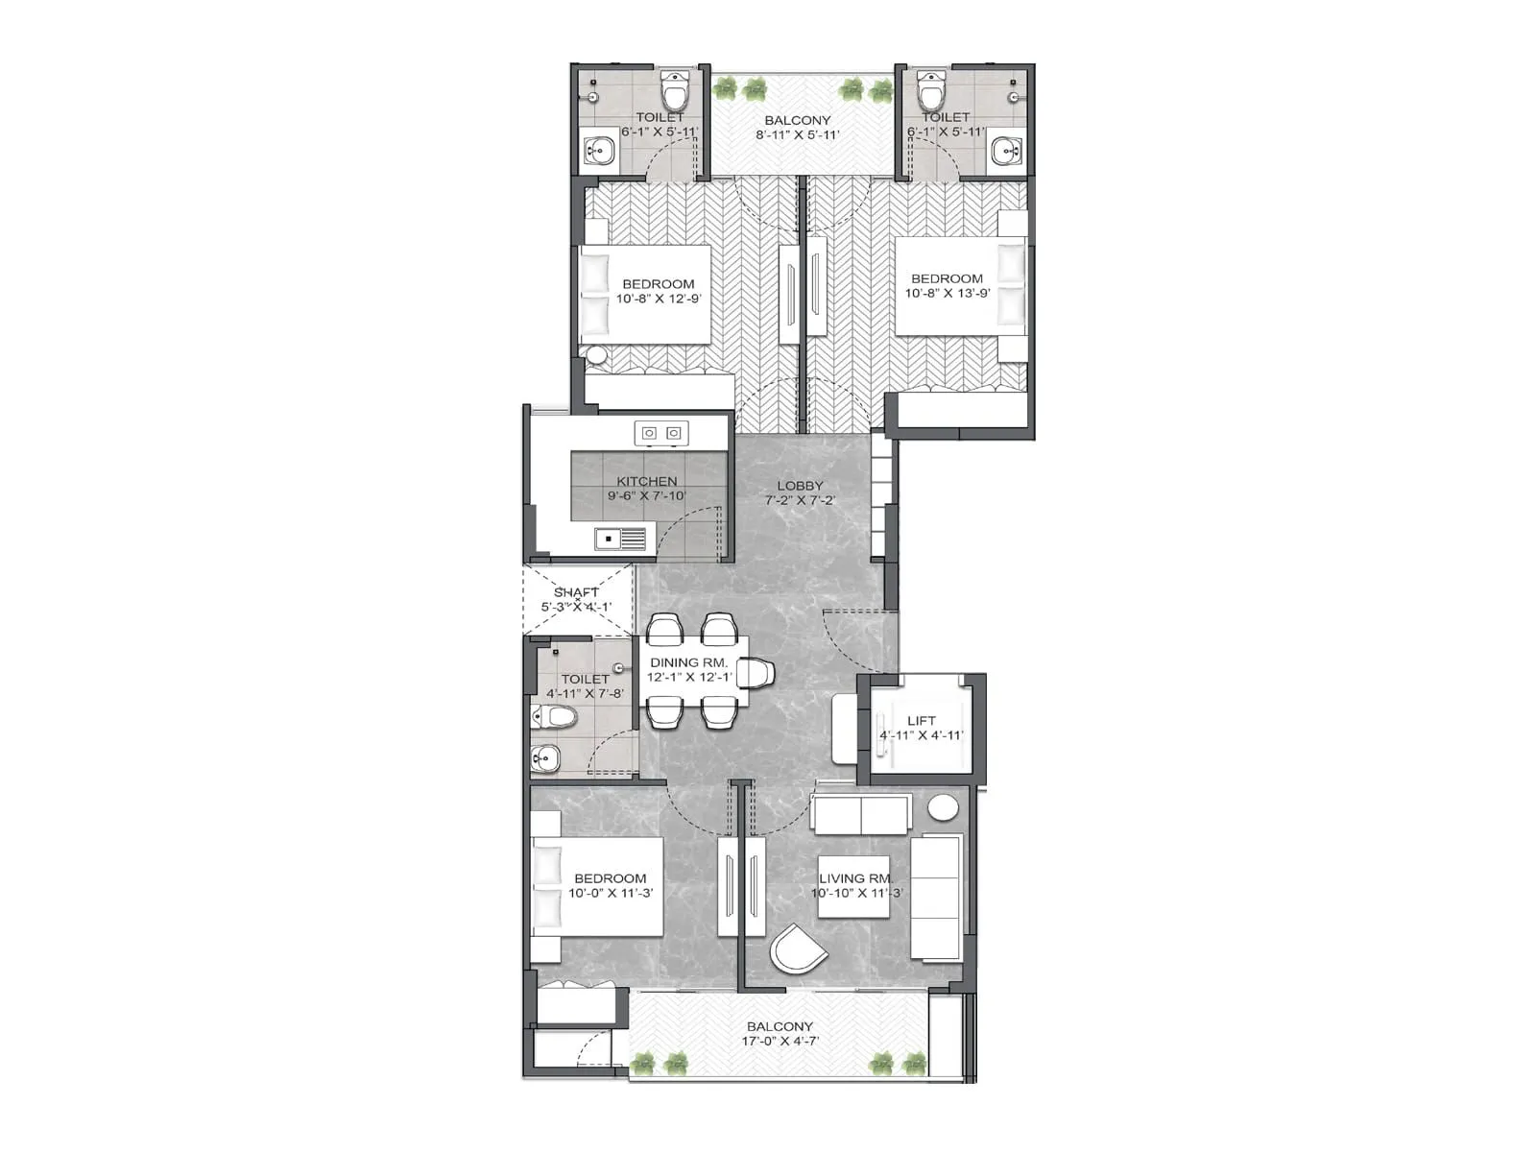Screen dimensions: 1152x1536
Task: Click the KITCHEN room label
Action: tap(646, 482)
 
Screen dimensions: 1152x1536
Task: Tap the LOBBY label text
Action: tap(800, 486)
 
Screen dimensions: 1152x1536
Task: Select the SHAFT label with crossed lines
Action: tap(576, 593)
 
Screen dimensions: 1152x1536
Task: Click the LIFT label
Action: tap(921, 721)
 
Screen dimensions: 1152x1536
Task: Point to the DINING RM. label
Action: tap(688, 663)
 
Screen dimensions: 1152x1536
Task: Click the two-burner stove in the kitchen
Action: tap(661, 433)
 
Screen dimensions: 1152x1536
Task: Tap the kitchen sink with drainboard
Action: tap(620, 540)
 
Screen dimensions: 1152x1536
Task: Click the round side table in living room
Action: tap(943, 807)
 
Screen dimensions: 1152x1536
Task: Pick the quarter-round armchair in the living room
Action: tap(796, 950)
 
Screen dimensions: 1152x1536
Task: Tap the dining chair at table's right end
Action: tap(756, 673)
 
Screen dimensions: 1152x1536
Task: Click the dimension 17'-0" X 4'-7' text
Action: tap(780, 1042)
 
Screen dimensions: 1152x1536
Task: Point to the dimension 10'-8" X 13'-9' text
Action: tap(947, 294)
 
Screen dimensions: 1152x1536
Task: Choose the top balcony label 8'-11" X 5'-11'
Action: tap(797, 135)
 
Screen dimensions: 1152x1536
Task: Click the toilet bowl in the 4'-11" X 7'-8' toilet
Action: tap(554, 716)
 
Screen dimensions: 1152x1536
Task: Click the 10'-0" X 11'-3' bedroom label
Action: tap(610, 894)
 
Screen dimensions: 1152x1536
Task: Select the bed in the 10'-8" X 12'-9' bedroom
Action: tap(645, 294)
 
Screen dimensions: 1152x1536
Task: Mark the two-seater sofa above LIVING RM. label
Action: tap(860, 815)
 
